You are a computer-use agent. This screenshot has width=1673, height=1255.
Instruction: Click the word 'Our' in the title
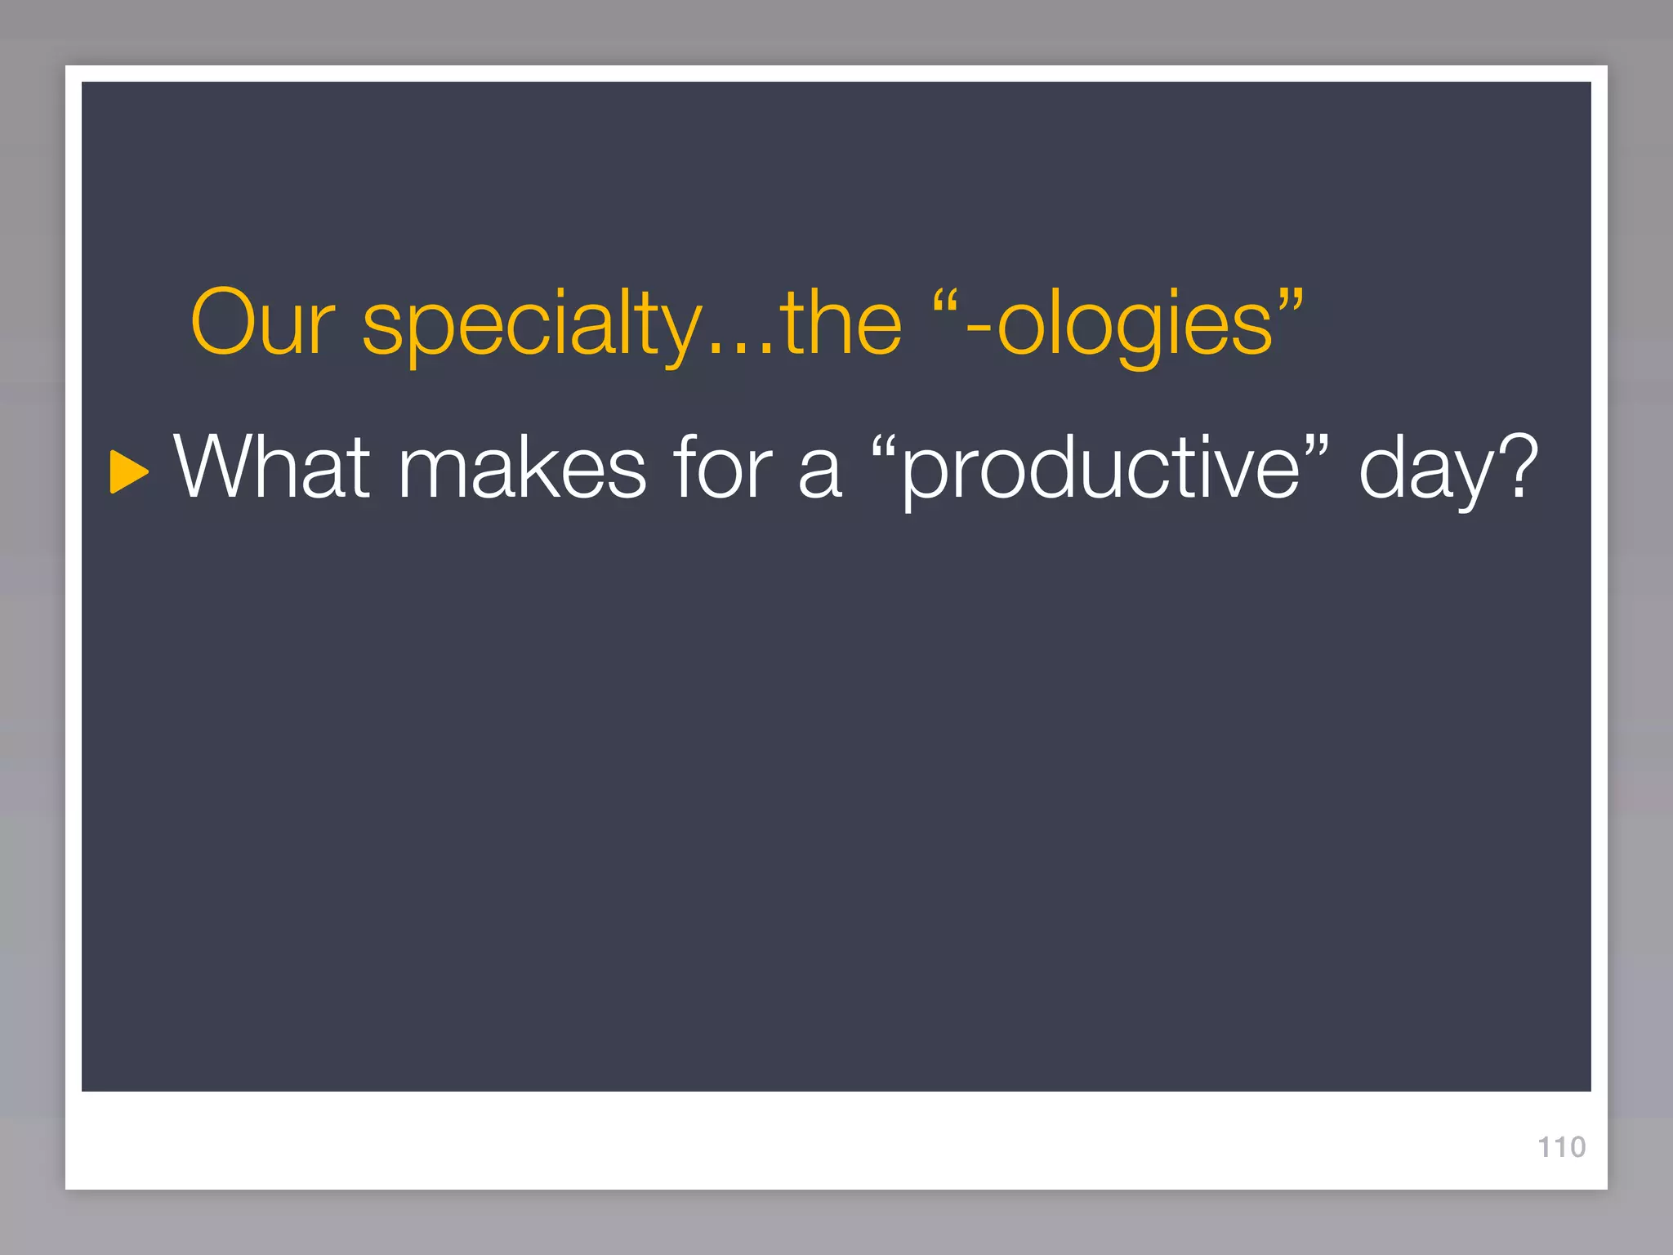[x=262, y=323]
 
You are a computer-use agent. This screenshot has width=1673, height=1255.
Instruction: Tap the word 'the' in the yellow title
[x=841, y=323]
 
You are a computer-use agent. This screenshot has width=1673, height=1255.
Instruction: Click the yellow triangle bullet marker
[x=128, y=471]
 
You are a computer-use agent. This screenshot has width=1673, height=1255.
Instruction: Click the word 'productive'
[x=1100, y=469]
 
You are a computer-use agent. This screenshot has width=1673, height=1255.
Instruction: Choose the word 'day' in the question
[x=1421, y=469]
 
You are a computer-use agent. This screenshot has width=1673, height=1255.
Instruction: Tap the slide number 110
[x=1561, y=1147]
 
